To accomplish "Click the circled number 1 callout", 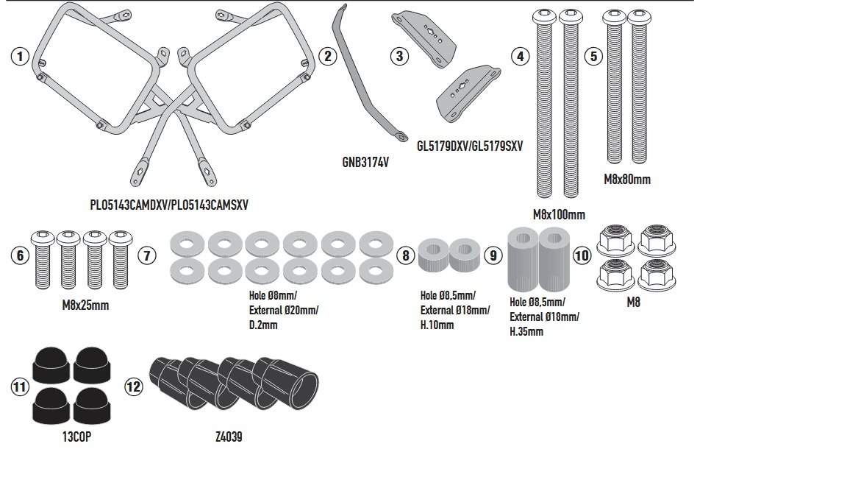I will pyautogui.click(x=20, y=56).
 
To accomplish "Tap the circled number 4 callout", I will pyautogui.click(x=521, y=56).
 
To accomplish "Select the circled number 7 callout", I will pyautogui.click(x=146, y=255).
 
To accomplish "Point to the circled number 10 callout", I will pyautogui.click(x=582, y=255).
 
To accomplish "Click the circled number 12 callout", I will pyautogui.click(x=133, y=386).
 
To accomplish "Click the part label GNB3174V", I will pyautogui.click(x=365, y=162).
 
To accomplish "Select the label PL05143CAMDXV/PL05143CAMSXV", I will pyautogui.click(x=169, y=205).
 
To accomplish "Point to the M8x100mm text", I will pyautogui.click(x=559, y=215).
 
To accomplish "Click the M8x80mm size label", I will pyautogui.click(x=626, y=179).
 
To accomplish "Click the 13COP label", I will pyautogui.click(x=76, y=437).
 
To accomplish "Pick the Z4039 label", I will pyautogui.click(x=229, y=437).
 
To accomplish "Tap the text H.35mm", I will pyautogui.click(x=526, y=331).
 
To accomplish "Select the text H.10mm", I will pyautogui.click(x=437, y=325).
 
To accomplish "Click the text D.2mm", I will pyautogui.click(x=263, y=325).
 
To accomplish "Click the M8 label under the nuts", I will pyautogui.click(x=633, y=302).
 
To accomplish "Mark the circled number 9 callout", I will pyautogui.click(x=493, y=255).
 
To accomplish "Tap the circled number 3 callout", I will pyautogui.click(x=399, y=56).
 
